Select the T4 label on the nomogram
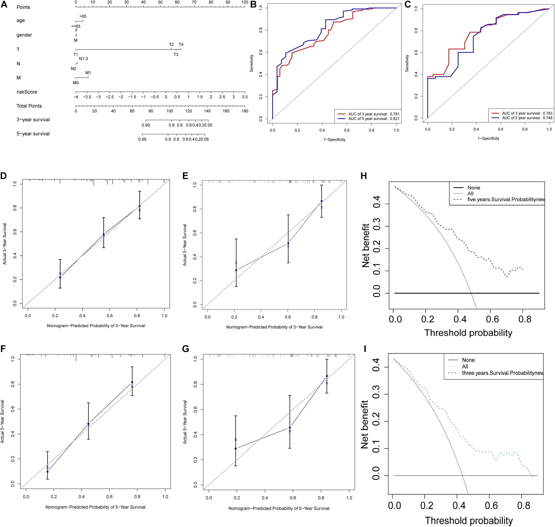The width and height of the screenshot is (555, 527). pos(181,44)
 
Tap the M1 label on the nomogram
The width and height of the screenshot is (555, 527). pos(88,73)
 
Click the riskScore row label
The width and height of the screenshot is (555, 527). pos(27,92)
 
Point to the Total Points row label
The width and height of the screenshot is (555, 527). pos(29,106)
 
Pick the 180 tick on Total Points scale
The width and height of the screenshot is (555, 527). pos(245,111)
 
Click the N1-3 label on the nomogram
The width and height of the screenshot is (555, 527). pos(84,59)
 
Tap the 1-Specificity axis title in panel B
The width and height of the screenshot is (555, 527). pos(334,140)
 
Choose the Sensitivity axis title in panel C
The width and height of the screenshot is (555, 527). pos(407,63)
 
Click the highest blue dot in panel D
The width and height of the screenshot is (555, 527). pos(139,206)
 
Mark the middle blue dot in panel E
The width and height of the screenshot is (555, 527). pos(288,243)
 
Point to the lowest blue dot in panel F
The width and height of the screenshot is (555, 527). pos(47,471)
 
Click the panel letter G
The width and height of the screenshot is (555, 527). pos(186,349)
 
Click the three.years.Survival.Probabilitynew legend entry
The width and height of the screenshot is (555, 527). pos(502,373)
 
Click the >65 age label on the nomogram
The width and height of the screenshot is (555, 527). pos(83,16)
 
